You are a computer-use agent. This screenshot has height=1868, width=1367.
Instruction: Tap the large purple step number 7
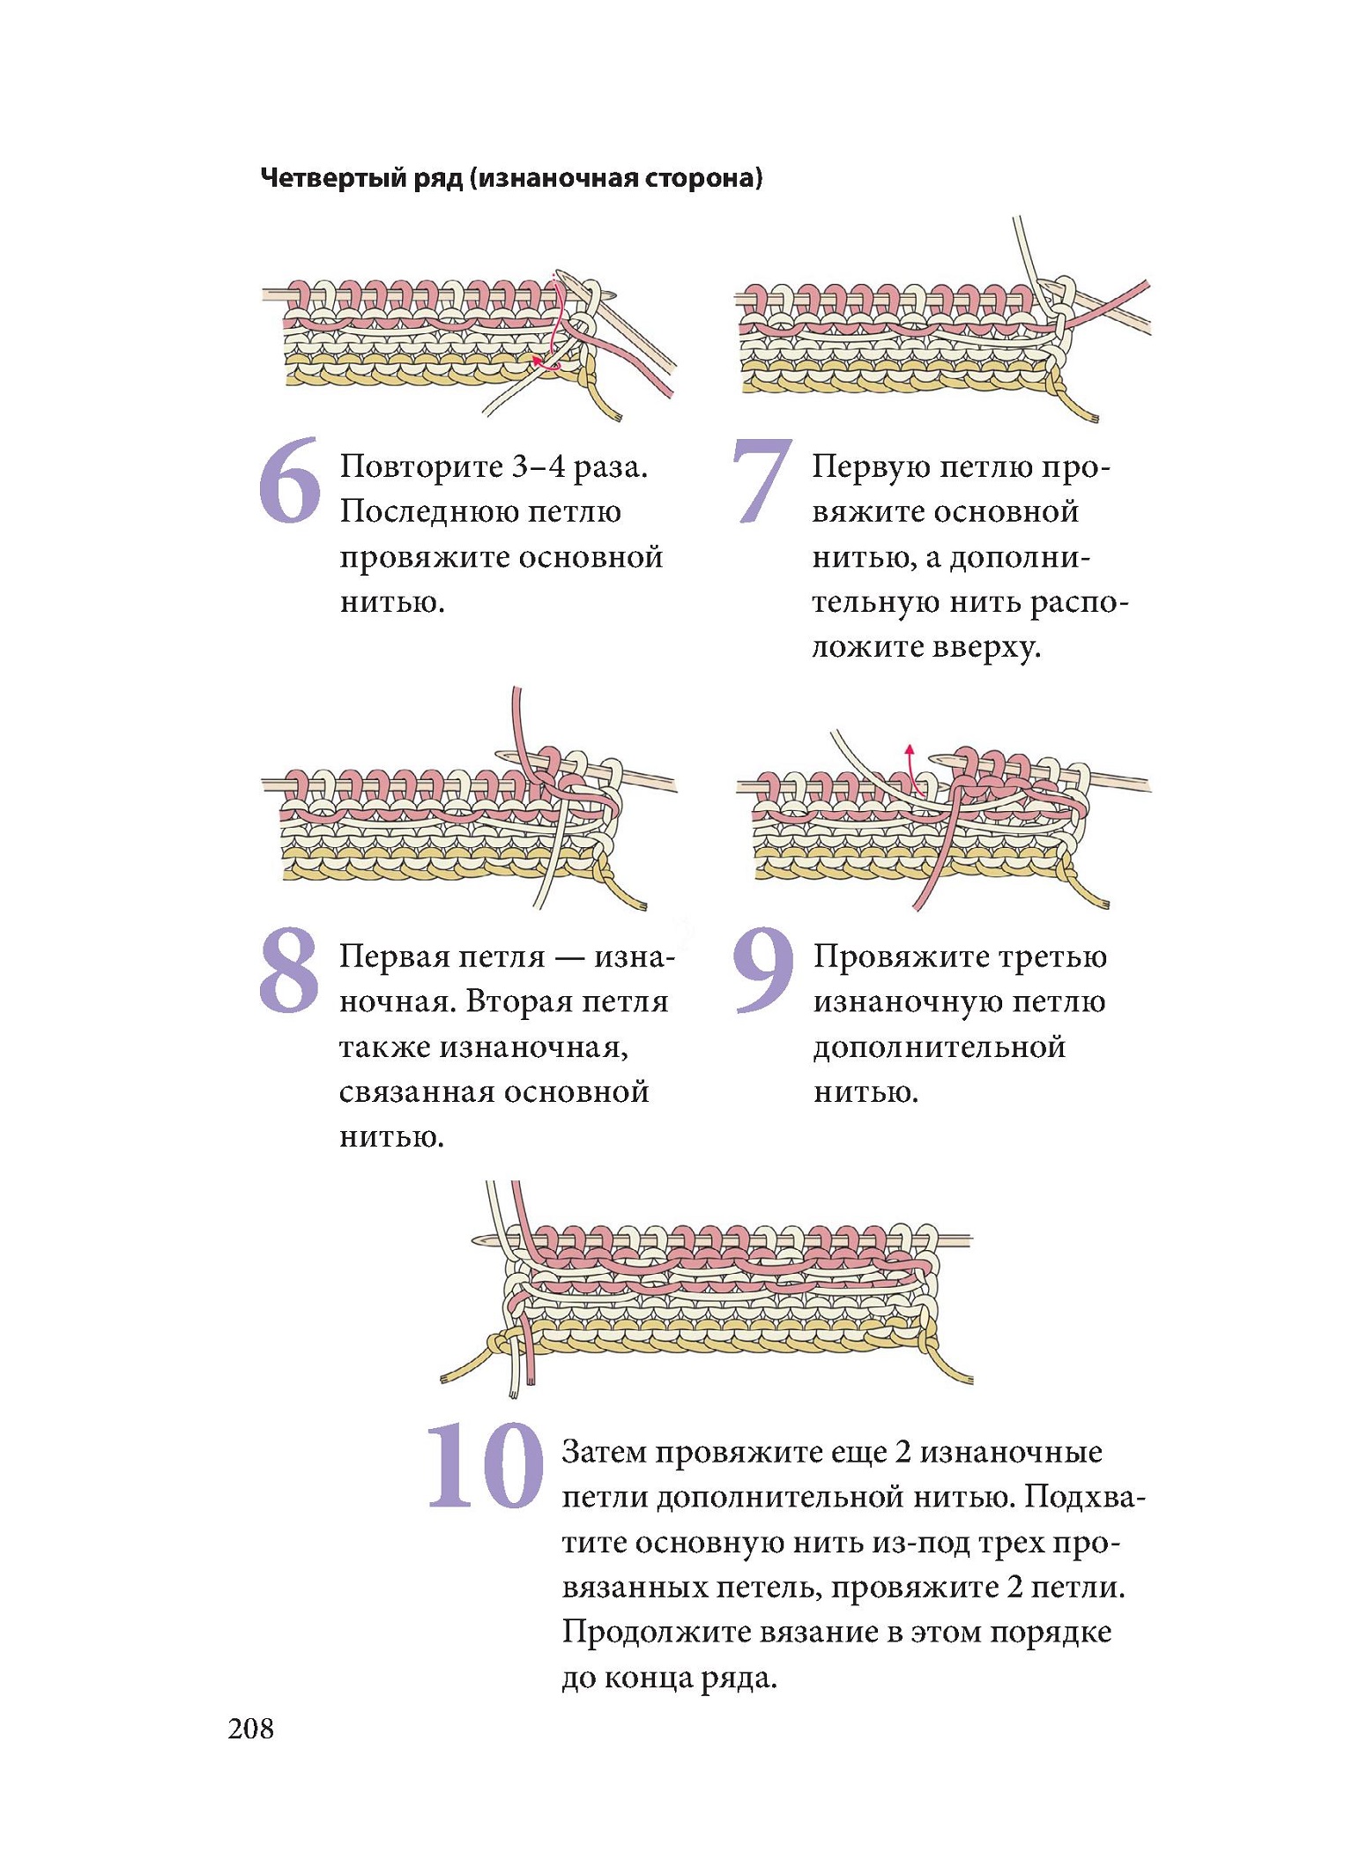[x=762, y=481]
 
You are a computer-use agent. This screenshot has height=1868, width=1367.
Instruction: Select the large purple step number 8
[x=289, y=970]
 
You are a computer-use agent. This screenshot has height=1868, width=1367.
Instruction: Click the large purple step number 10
[x=486, y=1465]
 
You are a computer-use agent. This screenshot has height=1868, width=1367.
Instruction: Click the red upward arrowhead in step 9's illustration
[x=910, y=750]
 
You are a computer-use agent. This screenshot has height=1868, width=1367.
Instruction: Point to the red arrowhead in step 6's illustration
[x=537, y=360]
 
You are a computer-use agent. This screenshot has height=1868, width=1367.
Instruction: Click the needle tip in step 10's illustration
[x=476, y=1239]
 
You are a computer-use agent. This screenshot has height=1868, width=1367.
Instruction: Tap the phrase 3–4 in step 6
[x=538, y=466]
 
